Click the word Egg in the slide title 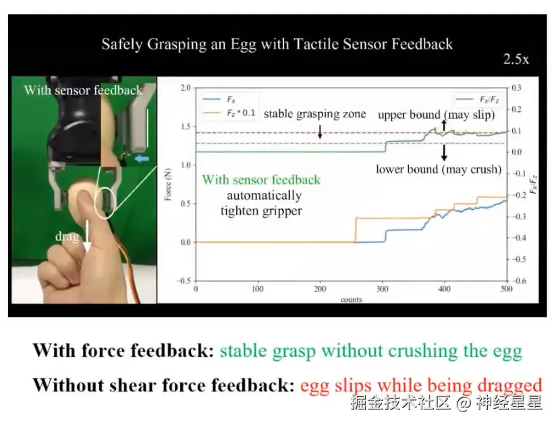pos(243,45)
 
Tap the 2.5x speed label pos(516,59)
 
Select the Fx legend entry pos(219,100)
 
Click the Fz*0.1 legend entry pos(229,113)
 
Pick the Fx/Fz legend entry pos(477,100)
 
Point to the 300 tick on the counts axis pos(382,289)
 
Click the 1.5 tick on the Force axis pos(186,127)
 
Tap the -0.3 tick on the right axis pos(518,217)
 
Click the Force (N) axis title pos(168,184)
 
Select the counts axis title pos(351,300)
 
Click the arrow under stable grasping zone pos(320,131)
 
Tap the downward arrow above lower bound pos(444,152)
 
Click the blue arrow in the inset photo pos(142,159)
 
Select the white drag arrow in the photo pos(87,236)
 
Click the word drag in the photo pos(67,236)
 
